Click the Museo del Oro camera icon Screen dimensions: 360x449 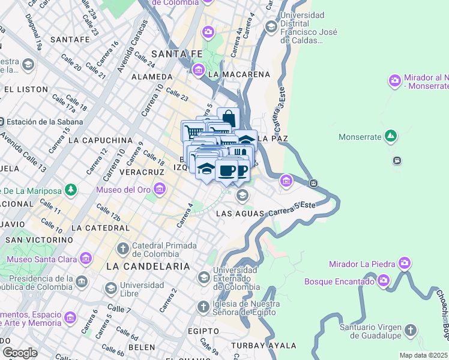pos(159,190)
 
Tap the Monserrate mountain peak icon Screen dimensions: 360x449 pos(391,137)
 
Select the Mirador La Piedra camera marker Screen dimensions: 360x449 pos(405,263)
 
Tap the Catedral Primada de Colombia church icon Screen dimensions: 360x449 pos(122,248)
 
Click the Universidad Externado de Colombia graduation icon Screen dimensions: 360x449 pos(203,278)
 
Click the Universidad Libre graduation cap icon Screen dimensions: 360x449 pos(110,289)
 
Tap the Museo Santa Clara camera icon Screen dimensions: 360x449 pos(85,259)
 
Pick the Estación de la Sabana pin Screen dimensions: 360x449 pos(3,121)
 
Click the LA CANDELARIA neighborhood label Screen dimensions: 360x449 pos(148,266)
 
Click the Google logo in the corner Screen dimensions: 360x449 pos(20,352)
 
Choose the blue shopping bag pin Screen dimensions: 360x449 pos(228,118)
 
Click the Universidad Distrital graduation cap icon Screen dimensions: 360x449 pos(271,26)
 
